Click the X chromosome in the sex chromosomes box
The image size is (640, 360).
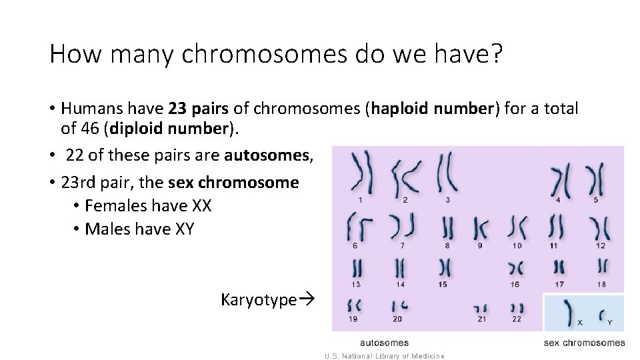pos(569,313)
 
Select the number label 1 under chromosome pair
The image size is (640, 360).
pos(361,199)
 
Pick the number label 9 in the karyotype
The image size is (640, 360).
pos(480,245)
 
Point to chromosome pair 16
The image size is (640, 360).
pos(515,268)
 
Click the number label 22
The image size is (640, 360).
pos(516,319)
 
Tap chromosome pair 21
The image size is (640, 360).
pos(480,309)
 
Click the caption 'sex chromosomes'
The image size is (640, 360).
pos(585,343)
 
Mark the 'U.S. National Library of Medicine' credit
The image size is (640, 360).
pos(385,356)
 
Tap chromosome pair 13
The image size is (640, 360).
pos(358,268)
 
